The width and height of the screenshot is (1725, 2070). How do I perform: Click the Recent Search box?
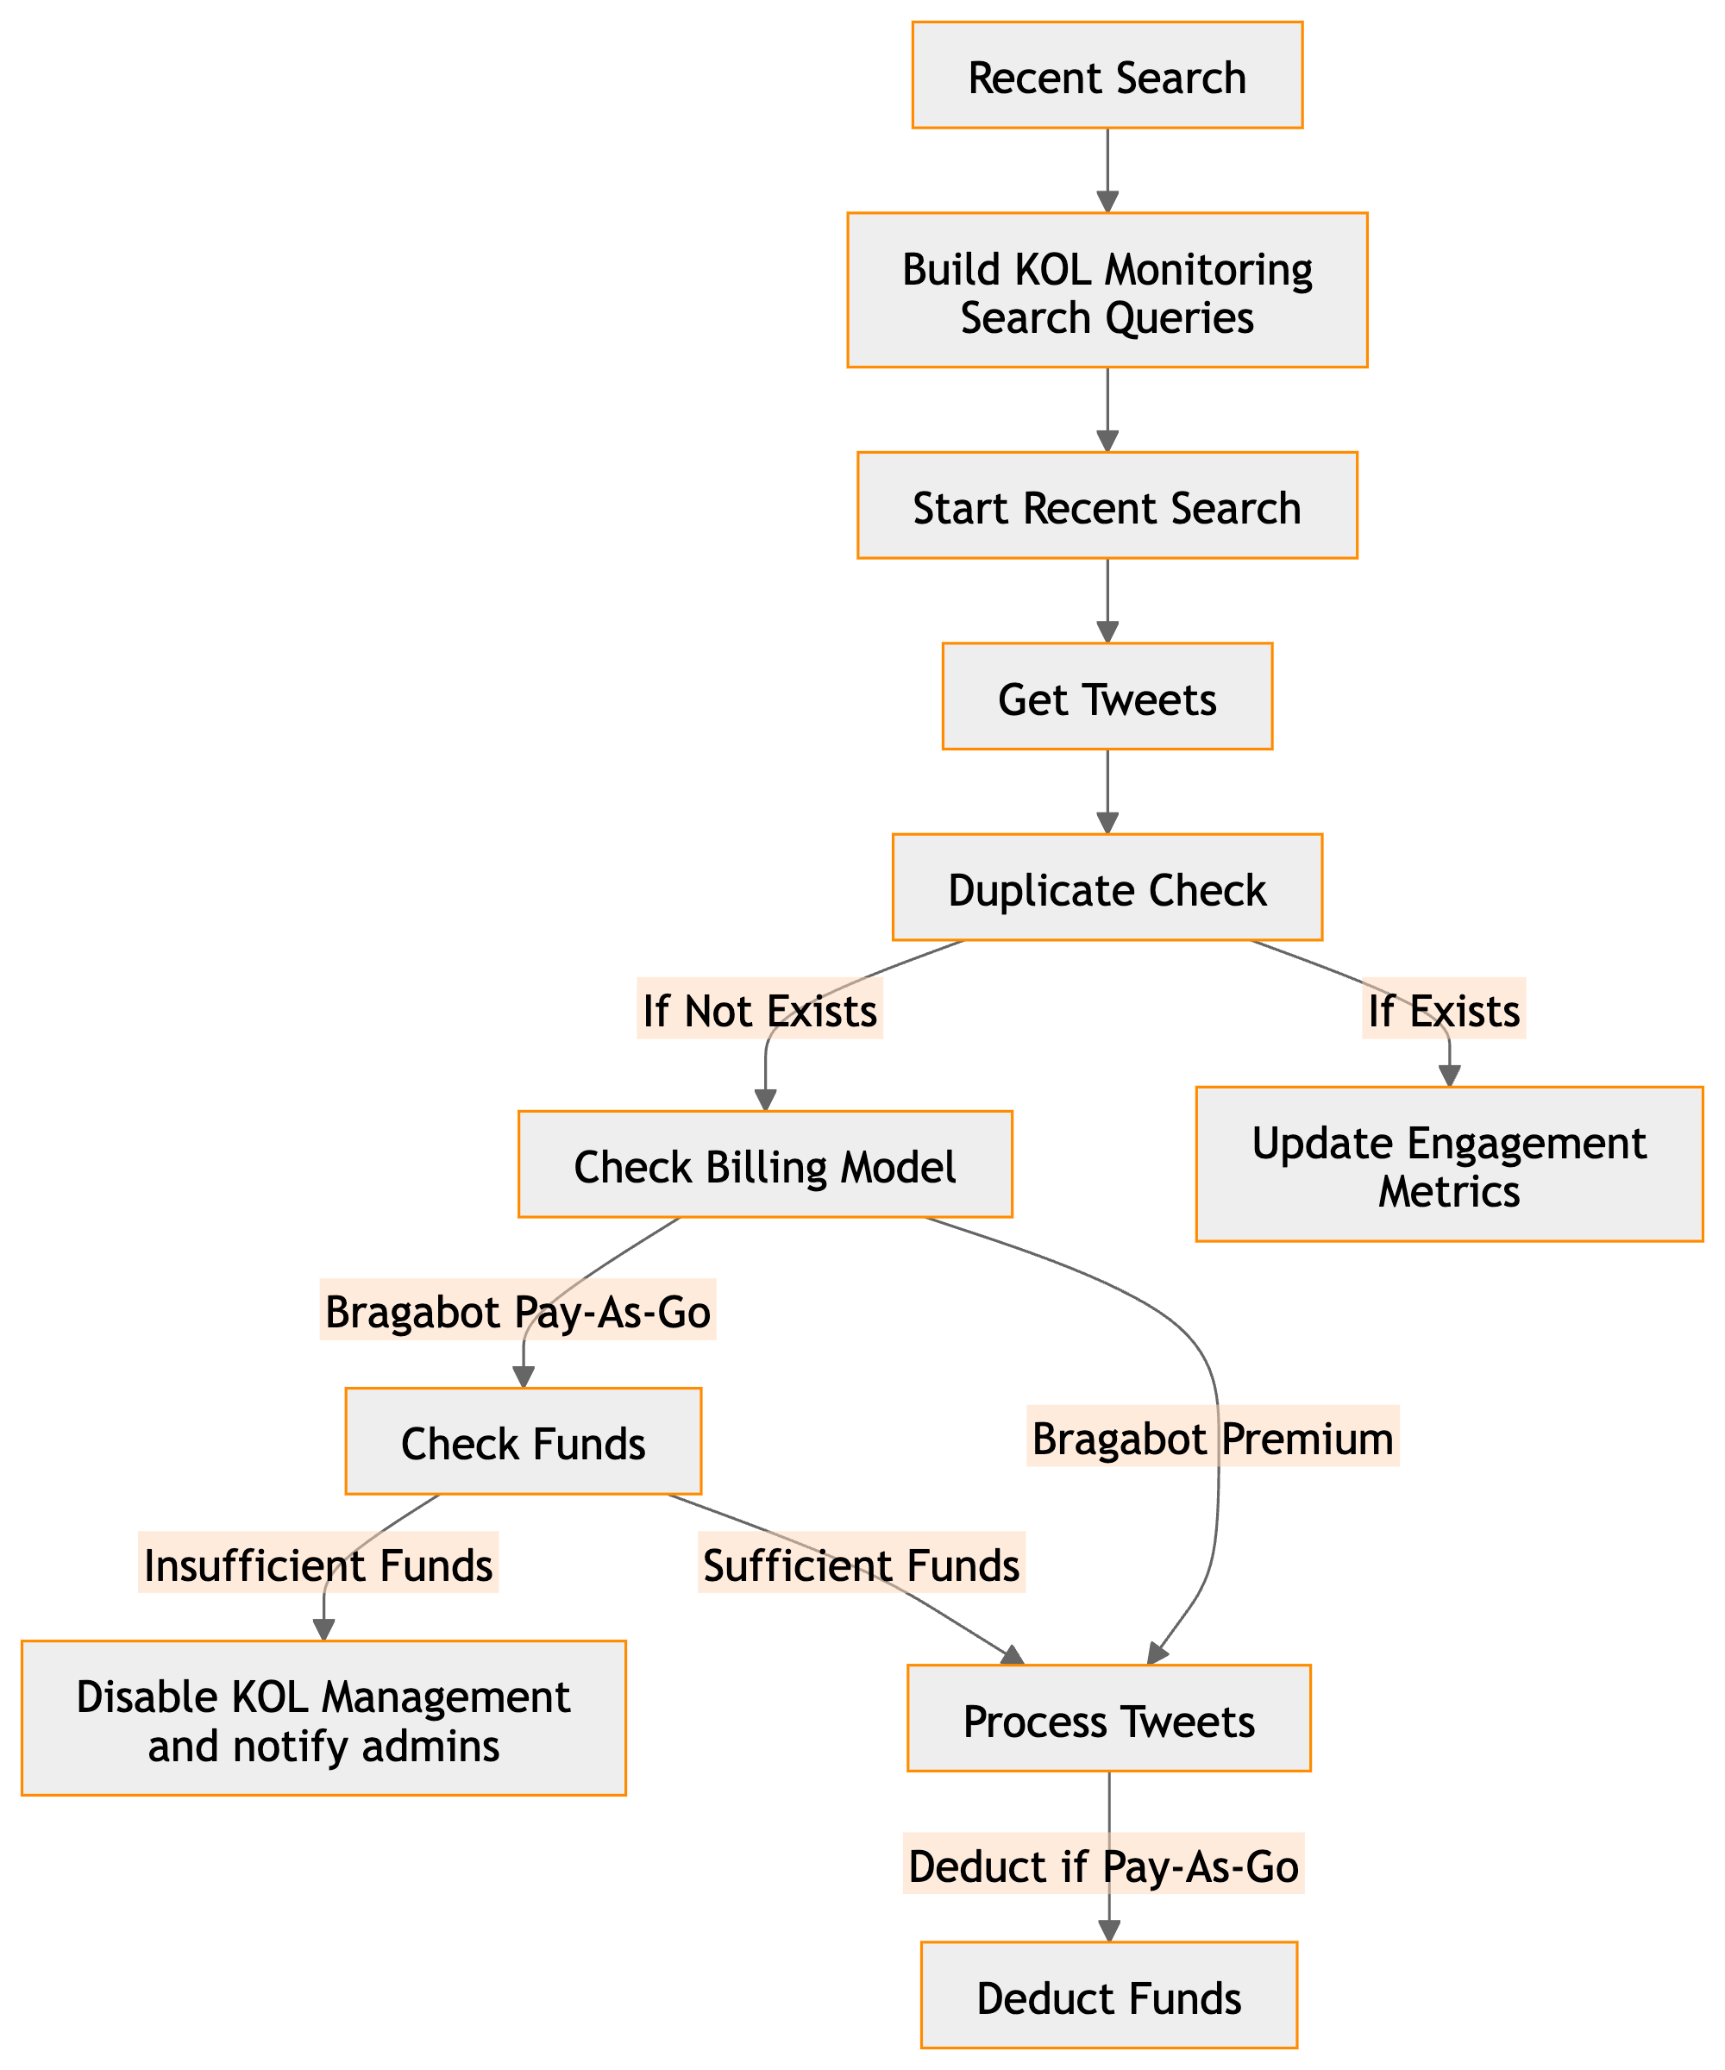click(x=1107, y=76)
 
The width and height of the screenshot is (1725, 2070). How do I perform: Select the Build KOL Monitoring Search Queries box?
click(x=1107, y=291)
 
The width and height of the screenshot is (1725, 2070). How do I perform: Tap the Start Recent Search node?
click(x=1107, y=506)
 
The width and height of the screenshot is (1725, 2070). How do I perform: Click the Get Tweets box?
click(x=1107, y=698)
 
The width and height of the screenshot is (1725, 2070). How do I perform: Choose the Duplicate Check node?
click(x=1107, y=888)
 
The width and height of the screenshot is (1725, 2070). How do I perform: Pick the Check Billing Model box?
click(x=765, y=1165)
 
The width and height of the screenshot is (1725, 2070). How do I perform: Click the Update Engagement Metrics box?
click(x=1449, y=1165)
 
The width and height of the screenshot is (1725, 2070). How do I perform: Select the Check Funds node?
click(x=523, y=1441)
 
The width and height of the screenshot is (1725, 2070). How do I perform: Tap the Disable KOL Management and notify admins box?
click(x=323, y=1719)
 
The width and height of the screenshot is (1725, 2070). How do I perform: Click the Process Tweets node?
click(x=1109, y=1719)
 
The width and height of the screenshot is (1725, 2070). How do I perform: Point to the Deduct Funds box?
click(x=1109, y=1996)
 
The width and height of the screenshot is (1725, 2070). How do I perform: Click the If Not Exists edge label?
click(x=760, y=1009)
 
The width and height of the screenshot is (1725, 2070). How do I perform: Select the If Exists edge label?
click(x=1444, y=1009)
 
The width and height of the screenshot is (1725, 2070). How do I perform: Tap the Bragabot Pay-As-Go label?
click(x=517, y=1311)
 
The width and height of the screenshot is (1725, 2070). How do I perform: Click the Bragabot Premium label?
click(x=1213, y=1438)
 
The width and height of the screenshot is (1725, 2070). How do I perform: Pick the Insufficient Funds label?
click(x=318, y=1565)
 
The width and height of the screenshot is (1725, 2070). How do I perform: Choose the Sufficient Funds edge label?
click(x=862, y=1565)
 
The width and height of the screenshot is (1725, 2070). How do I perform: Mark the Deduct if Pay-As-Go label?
click(x=1103, y=1866)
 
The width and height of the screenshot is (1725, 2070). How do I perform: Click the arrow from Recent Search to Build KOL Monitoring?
click(x=1108, y=170)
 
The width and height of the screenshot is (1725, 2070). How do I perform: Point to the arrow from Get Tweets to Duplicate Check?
click(x=1108, y=792)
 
